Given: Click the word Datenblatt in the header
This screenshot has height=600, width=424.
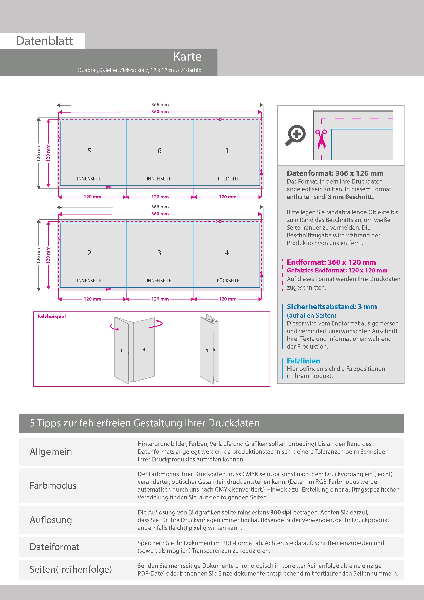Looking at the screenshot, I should (44, 41).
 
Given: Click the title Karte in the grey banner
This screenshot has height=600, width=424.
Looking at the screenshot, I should (187, 57).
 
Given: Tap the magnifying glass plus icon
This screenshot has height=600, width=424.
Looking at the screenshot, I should (295, 135).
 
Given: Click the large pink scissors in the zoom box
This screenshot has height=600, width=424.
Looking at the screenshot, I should (321, 139).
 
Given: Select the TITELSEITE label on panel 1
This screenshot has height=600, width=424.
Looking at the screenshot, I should (228, 179).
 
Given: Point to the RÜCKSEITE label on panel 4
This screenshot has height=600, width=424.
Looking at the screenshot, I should (228, 281).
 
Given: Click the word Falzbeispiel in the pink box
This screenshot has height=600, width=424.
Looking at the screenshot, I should (51, 316).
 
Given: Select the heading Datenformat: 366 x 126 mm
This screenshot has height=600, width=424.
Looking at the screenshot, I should (335, 173).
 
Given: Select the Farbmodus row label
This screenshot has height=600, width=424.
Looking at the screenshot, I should (53, 486).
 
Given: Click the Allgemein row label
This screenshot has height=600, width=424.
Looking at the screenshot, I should (51, 452).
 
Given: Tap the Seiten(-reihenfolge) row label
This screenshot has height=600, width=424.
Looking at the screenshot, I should (71, 569).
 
